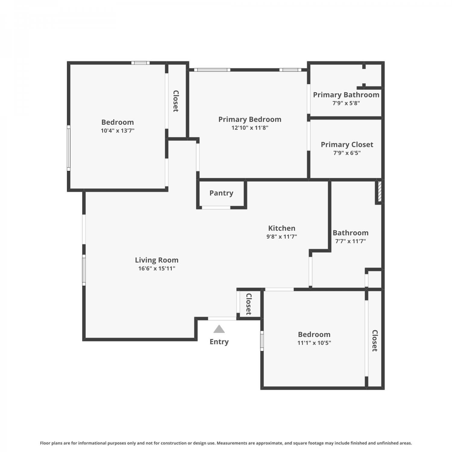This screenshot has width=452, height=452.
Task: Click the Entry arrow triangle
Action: point(219,329)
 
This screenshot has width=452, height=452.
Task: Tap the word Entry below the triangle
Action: point(219,342)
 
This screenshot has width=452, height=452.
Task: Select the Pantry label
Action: point(221,193)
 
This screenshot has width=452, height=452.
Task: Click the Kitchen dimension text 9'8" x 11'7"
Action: point(282,237)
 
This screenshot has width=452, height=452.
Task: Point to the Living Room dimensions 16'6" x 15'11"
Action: point(157,268)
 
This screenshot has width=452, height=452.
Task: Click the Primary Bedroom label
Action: point(250,119)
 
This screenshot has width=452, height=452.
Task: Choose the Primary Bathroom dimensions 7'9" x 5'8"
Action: point(346,103)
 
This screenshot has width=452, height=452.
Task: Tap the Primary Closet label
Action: point(347,145)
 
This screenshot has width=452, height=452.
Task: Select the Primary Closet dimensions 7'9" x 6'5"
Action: point(347,153)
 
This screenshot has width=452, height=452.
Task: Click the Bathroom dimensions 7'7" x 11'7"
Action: point(350,241)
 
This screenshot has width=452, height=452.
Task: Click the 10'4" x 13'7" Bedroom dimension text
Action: point(118,131)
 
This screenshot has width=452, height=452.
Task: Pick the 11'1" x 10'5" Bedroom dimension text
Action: point(314,343)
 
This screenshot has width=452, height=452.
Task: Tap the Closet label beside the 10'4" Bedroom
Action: point(176,101)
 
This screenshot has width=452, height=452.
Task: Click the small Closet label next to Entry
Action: point(249,304)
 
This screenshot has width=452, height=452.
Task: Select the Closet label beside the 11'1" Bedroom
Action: point(375,341)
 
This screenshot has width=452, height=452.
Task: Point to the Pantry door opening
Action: point(216,207)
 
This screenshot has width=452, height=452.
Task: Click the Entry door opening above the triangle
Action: point(222,319)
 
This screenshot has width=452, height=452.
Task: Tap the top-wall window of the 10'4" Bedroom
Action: point(140,63)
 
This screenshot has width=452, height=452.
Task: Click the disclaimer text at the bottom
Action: point(226,443)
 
